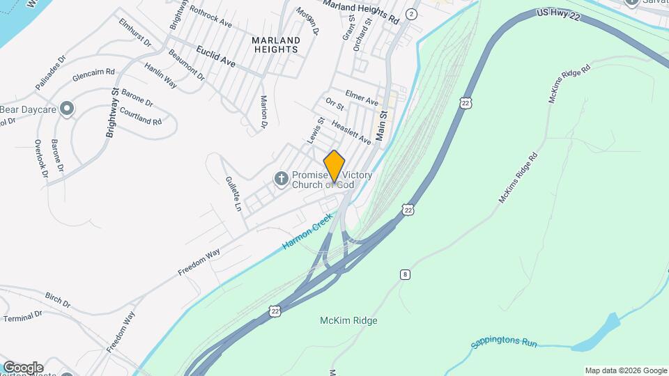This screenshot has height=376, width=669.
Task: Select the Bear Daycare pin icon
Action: point(67,109)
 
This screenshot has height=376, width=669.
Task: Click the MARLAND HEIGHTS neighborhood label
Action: point(276,45)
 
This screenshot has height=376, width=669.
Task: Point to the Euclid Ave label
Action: point(215,57)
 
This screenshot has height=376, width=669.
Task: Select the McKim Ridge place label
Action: point(348,320)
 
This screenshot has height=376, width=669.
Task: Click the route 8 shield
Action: point(405,274)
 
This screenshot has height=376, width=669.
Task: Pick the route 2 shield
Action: point(412,14)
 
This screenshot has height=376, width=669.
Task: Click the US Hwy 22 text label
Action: point(558,16)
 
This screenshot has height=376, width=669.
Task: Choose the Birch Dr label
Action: point(57,300)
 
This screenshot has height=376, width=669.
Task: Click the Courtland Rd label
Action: point(141,116)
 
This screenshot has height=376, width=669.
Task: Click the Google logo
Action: point(23,368)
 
